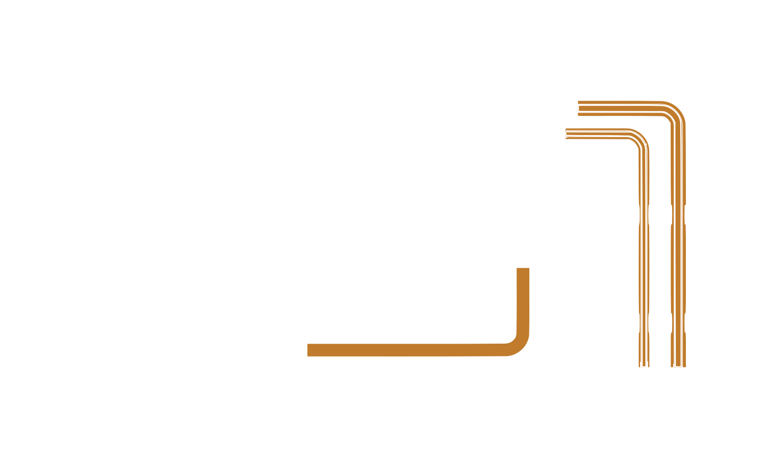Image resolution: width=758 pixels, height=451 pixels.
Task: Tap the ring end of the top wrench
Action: [x=482, y=138]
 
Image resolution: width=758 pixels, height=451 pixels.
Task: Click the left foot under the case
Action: [x=180, y=397]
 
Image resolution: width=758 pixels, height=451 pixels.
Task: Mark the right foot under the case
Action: [x=577, y=397]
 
